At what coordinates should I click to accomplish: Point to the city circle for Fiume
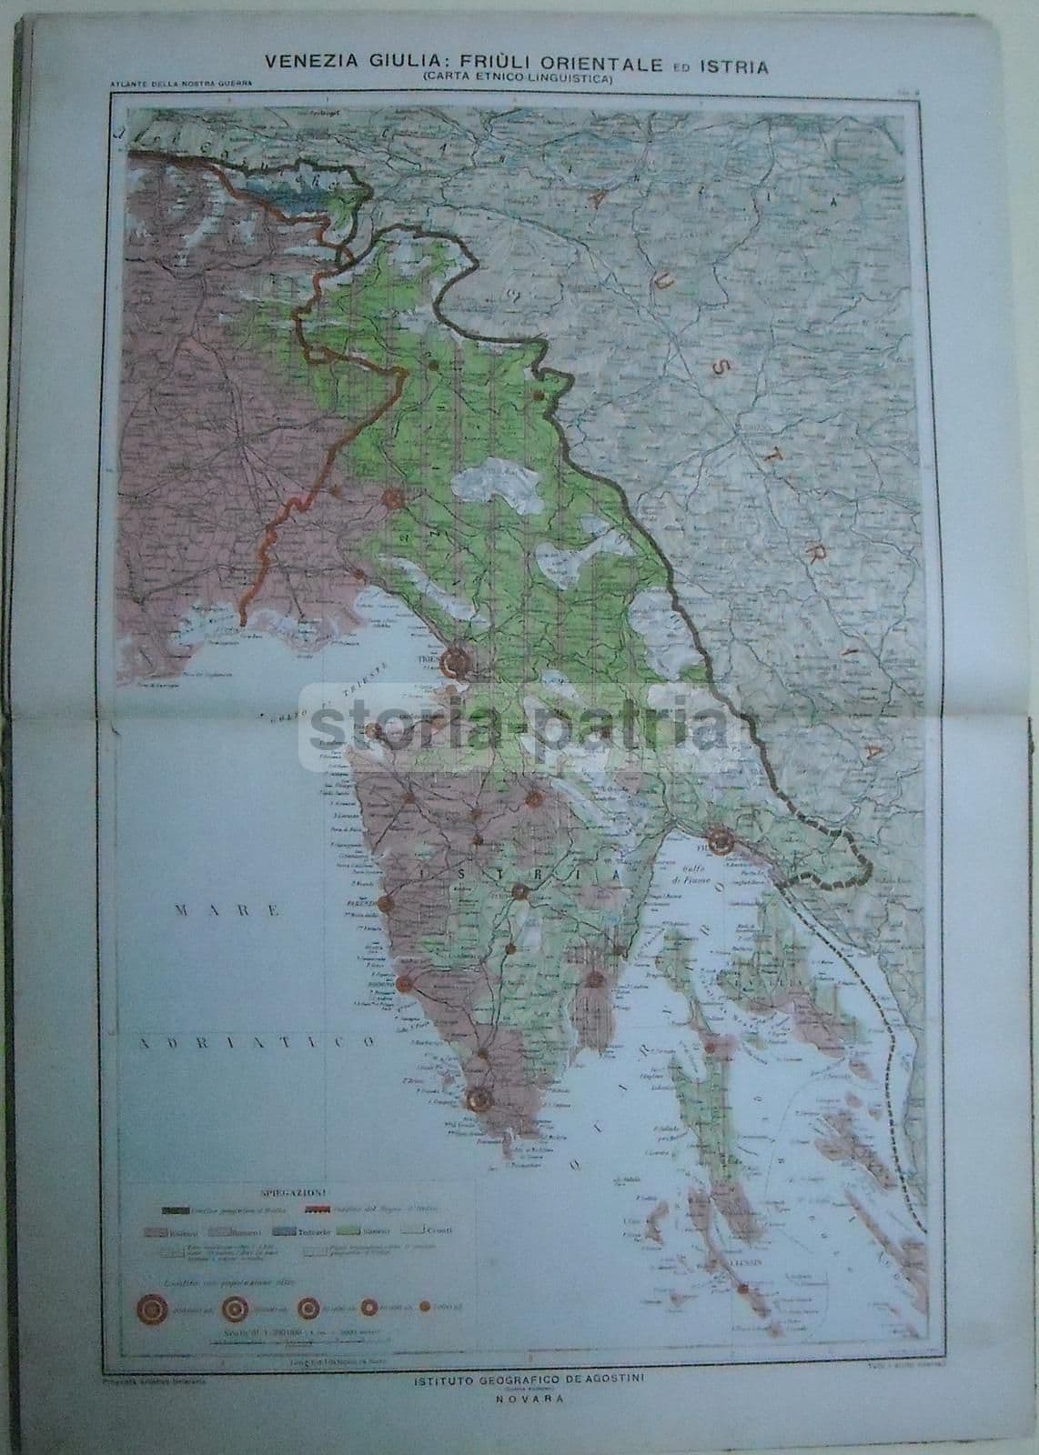pyautogui.click(x=722, y=842)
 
